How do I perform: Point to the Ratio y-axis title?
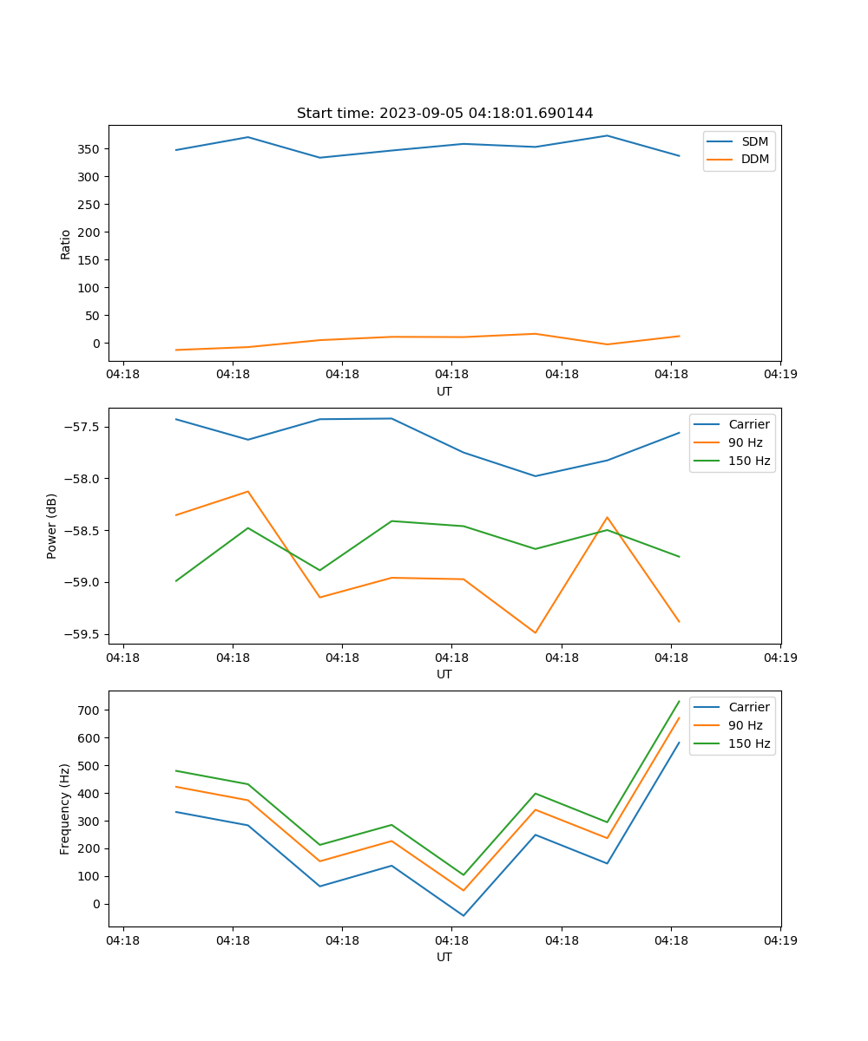[66, 244]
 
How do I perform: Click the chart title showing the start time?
[444, 114]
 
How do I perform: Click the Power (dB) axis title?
[52, 526]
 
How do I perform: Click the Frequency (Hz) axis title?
[65, 809]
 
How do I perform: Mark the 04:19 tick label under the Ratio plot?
[779, 375]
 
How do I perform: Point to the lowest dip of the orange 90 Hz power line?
[535, 632]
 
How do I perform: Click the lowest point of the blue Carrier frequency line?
[464, 915]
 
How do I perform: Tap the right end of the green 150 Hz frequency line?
[679, 701]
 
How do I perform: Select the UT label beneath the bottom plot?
[444, 957]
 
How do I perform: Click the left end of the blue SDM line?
[176, 150]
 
